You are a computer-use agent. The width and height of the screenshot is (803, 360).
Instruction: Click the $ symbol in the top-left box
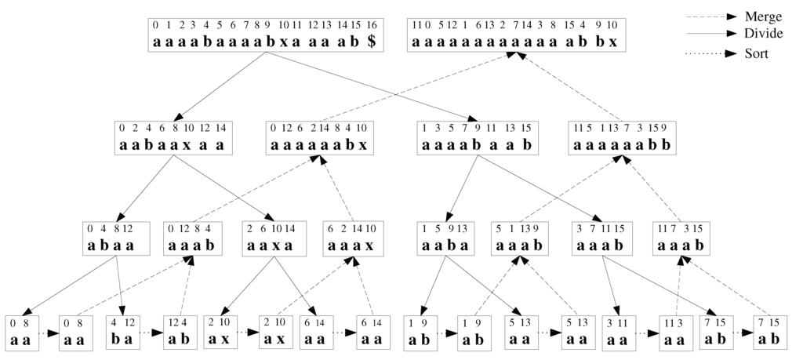click(x=371, y=41)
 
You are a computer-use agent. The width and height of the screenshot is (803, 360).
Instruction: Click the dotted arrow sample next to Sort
click(x=718, y=55)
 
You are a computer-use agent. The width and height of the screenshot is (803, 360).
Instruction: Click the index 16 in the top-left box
click(x=372, y=25)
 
